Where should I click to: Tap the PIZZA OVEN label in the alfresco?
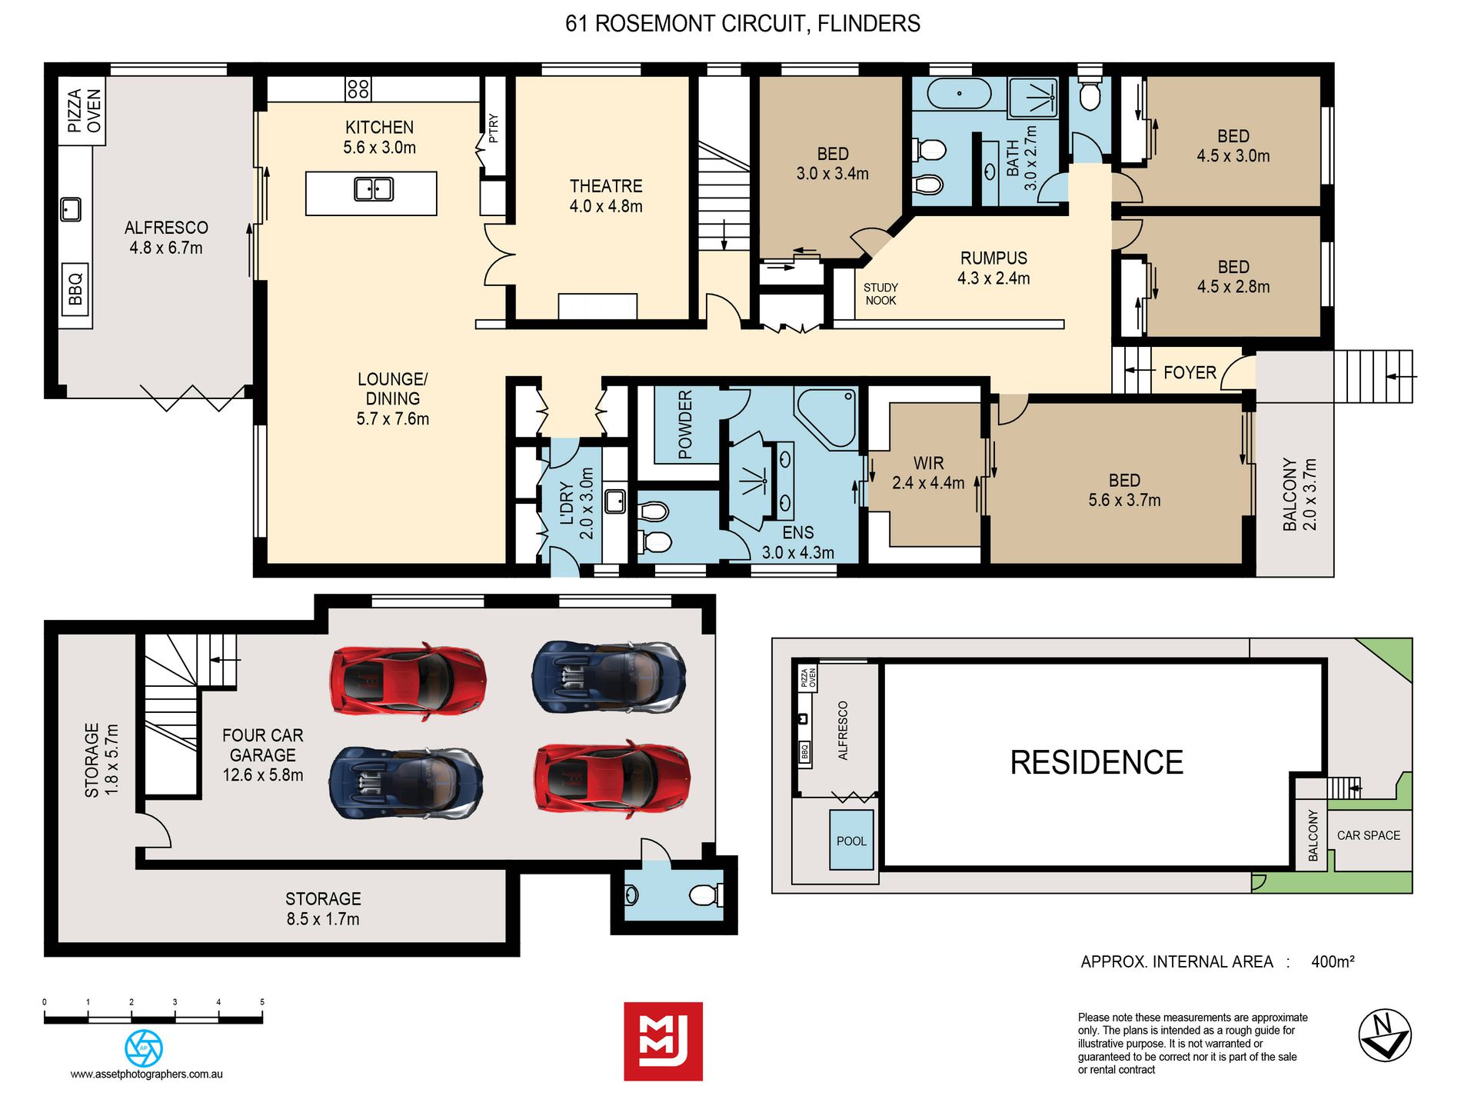tap(84, 111)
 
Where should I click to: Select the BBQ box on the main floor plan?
tap(75, 289)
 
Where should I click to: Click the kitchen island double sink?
tap(374, 188)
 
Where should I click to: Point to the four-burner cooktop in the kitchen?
tap(358, 88)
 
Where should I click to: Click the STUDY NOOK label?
tap(880, 294)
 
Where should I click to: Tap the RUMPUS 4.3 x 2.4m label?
tap(993, 268)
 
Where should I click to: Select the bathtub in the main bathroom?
tap(959, 94)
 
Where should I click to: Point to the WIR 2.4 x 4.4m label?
tap(928, 473)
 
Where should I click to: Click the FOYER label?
tap(1190, 372)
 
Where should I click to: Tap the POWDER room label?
tap(685, 425)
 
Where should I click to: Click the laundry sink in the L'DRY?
tap(615, 501)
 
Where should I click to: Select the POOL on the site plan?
tap(851, 840)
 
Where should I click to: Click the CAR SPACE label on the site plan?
tap(1368, 835)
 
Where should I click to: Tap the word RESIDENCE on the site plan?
tap(1097, 762)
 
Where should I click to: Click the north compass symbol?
tap(1384, 1034)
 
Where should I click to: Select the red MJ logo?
tap(663, 1041)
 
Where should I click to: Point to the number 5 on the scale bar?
tap(262, 1002)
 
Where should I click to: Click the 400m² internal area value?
tap(1333, 961)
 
